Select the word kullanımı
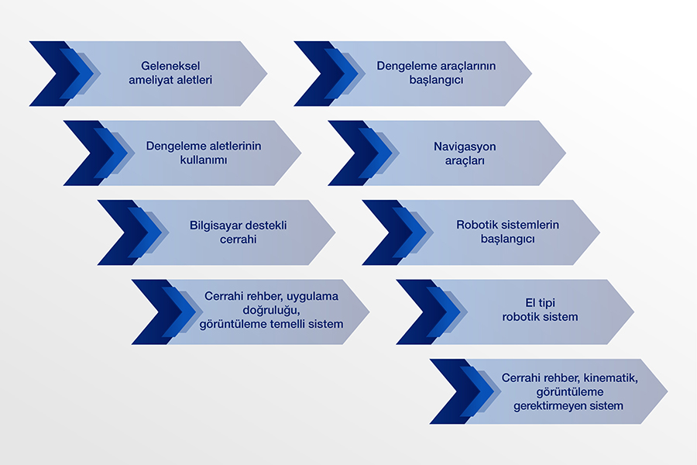194,160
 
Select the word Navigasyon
465,146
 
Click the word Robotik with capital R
476,226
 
